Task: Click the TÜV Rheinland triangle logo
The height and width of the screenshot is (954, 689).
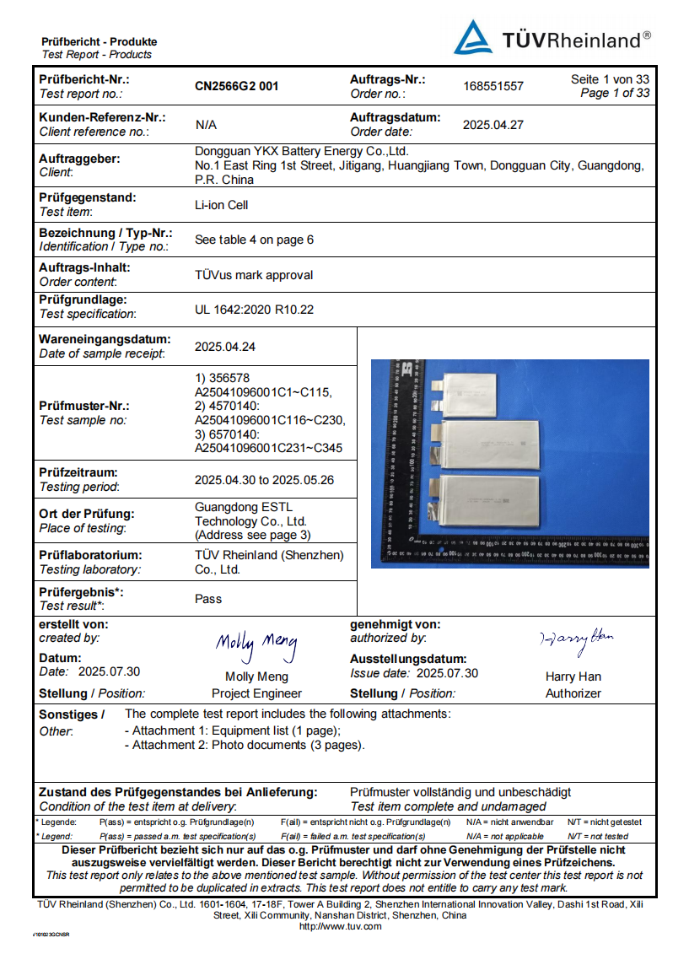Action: [x=473, y=38]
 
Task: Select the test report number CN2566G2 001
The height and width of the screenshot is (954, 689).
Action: [x=236, y=86]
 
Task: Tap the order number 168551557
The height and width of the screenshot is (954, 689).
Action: [x=493, y=86]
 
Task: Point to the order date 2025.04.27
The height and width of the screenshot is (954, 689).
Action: [x=493, y=125]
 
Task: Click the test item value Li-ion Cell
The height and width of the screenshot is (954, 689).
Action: [x=221, y=205]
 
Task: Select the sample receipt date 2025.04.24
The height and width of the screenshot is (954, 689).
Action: [x=225, y=347]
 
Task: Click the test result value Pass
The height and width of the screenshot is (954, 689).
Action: [x=208, y=599]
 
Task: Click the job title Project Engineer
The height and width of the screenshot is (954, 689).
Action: [x=256, y=693]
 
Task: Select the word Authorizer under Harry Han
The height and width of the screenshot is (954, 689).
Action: [x=573, y=693]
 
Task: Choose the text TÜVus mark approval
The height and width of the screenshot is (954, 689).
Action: [x=254, y=275]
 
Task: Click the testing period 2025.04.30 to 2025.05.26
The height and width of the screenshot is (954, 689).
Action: [x=263, y=480]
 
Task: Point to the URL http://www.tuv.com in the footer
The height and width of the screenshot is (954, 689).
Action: [x=341, y=926]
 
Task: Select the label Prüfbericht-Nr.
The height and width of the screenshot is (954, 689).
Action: [x=84, y=79]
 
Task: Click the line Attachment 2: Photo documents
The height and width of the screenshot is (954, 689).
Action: [x=245, y=746]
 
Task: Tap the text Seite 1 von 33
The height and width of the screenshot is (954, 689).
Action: [x=610, y=79]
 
